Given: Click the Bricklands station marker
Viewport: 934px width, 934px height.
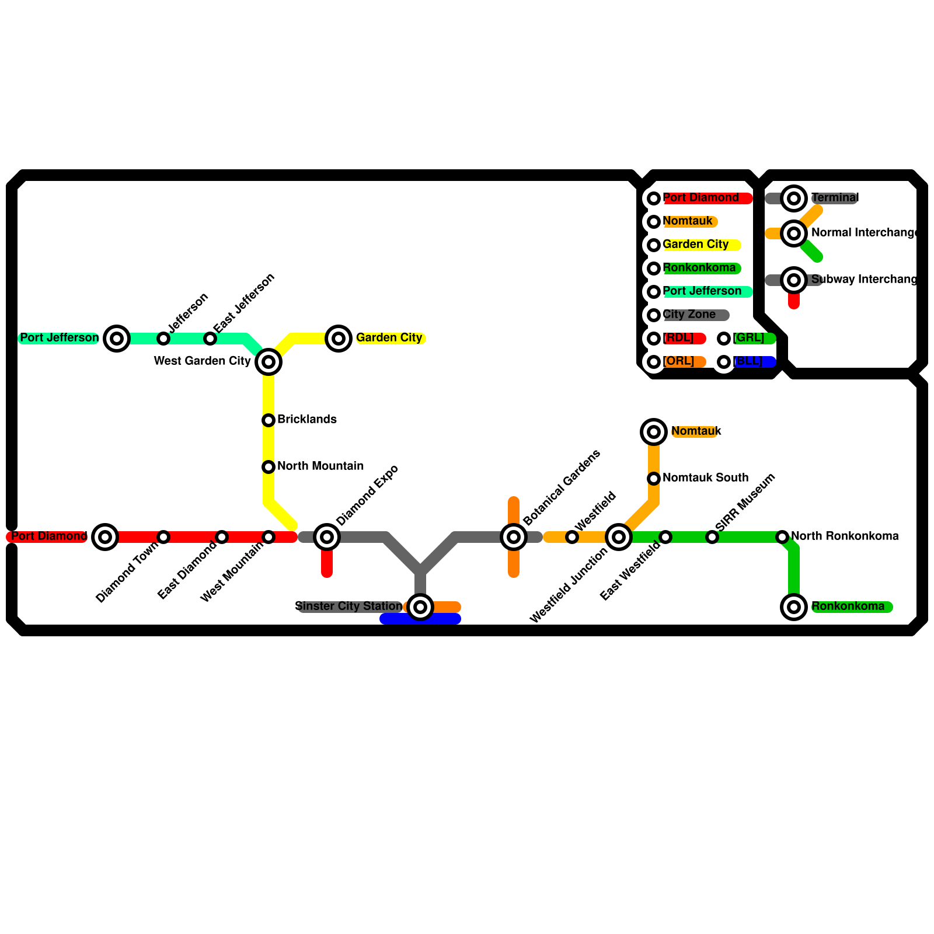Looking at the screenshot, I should pos(269,420).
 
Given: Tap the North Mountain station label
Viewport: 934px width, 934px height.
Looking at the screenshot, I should pos(320,466).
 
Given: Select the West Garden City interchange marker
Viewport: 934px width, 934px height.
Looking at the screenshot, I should pos(269,362).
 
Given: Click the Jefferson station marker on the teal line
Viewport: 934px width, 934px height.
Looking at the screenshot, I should pos(163,339).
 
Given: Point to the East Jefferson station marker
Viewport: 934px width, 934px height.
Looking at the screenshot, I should pos(210,339).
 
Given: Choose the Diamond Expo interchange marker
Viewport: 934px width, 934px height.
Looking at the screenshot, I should pos(327,537).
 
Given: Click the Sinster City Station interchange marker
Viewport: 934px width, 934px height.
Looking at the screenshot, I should pos(420,607).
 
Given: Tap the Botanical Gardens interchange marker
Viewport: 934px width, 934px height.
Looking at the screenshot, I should pos(514,537).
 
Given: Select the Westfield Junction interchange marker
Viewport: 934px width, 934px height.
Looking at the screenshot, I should pos(619,537).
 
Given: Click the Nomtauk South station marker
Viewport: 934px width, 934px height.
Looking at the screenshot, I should pos(654,479).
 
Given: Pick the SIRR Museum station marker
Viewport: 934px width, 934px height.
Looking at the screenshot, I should pos(712,537).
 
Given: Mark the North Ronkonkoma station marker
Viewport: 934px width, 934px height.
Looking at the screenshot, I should pos(782,537).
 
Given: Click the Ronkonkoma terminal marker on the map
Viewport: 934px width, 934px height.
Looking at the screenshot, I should pos(794,607).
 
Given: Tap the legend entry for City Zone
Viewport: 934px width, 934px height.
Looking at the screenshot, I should pos(689,315).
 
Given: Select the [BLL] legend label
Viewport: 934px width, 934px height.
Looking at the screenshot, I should pos(748,361).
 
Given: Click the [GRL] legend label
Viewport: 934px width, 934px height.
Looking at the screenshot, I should pos(750,338).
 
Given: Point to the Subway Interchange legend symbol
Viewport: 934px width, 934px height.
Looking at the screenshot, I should pos(794,280).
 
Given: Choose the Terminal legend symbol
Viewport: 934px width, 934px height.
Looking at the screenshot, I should pos(794,198).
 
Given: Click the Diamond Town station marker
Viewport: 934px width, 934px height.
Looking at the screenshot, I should pos(163,537).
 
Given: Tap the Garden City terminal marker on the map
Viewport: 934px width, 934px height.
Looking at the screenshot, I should pos(339,339).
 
